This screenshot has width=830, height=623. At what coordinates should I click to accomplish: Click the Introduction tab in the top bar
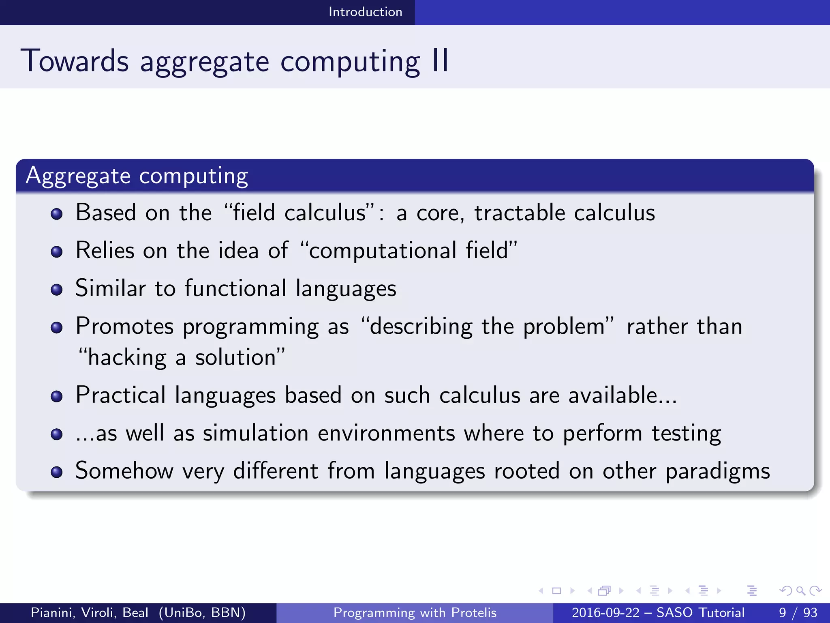pos(365,12)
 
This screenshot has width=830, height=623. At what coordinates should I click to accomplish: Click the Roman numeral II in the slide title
pos(440,61)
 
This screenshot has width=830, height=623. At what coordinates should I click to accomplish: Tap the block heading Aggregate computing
pos(137,176)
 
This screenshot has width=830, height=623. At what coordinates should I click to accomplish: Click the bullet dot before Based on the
pos(57,214)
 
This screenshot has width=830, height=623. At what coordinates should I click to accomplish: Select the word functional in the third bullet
pos(235,288)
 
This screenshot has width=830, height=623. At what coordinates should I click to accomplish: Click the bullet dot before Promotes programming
pos(57,327)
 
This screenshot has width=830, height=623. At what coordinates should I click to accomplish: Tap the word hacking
pos(127,358)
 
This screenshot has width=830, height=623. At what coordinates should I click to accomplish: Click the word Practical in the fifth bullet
pos(121,395)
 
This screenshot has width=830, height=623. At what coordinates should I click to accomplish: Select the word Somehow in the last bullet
pos(124,471)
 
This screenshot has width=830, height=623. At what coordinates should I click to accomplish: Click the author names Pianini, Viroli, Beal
pos(89,612)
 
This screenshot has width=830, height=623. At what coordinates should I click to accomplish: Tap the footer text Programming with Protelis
pos(415,612)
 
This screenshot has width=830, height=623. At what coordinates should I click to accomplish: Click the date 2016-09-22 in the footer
pos(605,612)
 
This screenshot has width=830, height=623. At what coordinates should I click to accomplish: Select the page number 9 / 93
pos(798,612)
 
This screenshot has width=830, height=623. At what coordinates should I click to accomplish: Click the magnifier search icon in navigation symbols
pos(800,591)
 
